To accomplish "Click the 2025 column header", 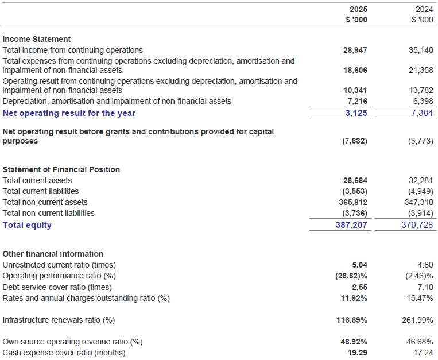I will click(x=358, y=10).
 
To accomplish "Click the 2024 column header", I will click(x=424, y=10).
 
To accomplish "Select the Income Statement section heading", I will click(x=37, y=39).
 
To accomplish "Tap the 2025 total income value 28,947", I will click(x=355, y=50).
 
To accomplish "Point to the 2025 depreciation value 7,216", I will click(x=357, y=101).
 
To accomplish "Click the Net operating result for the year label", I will click(x=69, y=113).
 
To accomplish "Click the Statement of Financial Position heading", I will click(x=61, y=169).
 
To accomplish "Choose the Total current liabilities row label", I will click(x=41, y=191).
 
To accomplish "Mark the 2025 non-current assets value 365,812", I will click(x=352, y=202).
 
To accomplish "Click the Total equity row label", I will click(x=27, y=225).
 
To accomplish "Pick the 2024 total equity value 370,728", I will click(x=418, y=225).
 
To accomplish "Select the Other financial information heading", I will click(x=53, y=254).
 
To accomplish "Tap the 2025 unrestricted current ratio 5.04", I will click(x=359, y=265).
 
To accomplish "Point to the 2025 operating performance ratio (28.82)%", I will click(x=351, y=276).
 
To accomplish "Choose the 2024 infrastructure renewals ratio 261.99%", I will click(x=417, y=320).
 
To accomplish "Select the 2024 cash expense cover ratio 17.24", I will click(x=424, y=353).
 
